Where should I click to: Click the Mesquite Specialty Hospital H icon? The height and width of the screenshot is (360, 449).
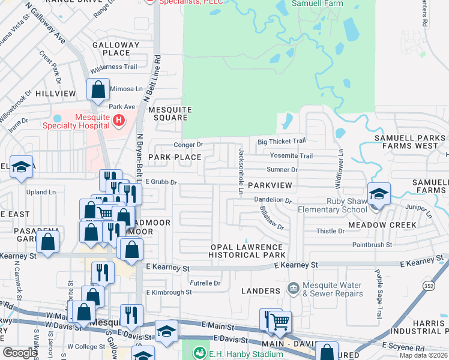119,121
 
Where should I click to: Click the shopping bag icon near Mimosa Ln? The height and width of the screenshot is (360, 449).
98,90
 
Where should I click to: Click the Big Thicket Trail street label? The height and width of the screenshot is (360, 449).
282,142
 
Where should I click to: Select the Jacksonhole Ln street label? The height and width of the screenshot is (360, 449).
240,172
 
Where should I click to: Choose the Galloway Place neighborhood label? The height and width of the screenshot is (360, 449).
116,49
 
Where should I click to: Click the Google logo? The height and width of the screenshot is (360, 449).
20,353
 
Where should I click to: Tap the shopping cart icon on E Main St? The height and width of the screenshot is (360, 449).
280,322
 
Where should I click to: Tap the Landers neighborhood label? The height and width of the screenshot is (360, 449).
261,291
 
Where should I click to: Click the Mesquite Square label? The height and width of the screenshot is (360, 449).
170,113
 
